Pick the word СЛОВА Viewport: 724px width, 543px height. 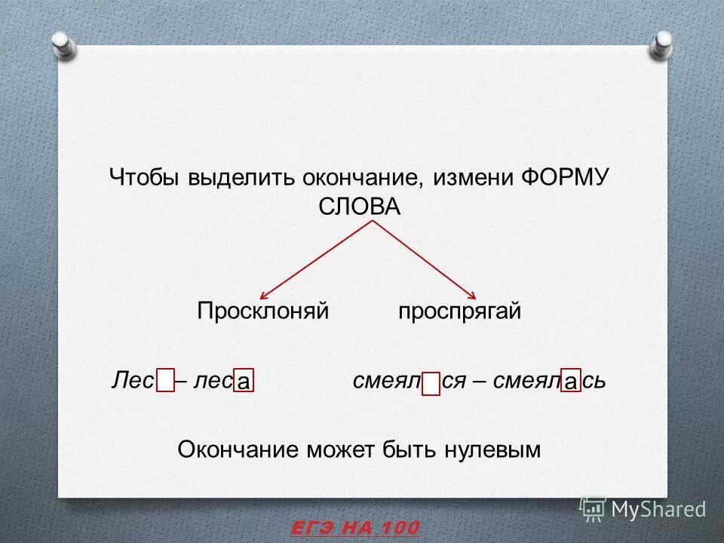coord(360,207)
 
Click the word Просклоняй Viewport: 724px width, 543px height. coord(263,311)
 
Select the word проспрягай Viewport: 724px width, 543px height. coord(459,311)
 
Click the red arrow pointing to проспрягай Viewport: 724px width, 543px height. coord(422,260)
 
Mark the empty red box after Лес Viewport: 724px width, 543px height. coord(166,382)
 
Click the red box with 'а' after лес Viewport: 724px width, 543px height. coord(243,382)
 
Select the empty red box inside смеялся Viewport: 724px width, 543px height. coord(431,383)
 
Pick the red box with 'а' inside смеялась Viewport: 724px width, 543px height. coord(572,382)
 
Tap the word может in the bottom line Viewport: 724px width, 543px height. coord(340,450)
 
